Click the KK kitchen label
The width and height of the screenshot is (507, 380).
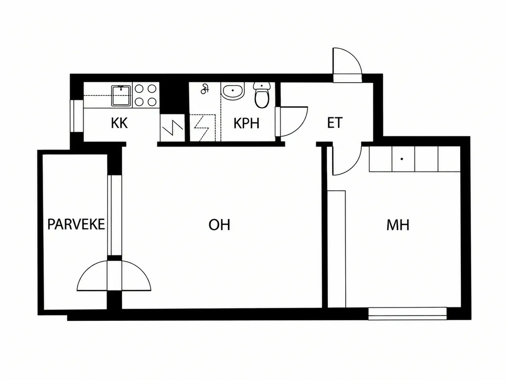coord(119,123)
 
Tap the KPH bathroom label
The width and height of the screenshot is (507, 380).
coord(246,123)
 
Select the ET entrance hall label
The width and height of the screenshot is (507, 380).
coord(335,123)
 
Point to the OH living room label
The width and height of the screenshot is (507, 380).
coord(219,225)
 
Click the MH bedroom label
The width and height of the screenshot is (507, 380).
coord(398,225)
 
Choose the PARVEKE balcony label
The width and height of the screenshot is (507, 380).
coord(76,224)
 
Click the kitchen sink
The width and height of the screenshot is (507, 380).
coord(121,95)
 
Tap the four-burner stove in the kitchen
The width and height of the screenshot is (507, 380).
coord(145,95)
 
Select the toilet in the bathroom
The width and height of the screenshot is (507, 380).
coord(262,95)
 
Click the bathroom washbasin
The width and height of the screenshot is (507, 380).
coord(233,91)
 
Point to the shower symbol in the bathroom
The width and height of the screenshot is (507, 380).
coord(204,89)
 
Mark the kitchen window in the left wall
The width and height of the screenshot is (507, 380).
coord(77,116)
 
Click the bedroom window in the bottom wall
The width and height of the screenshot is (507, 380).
coord(407,314)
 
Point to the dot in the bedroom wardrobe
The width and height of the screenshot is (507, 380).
coord(402,159)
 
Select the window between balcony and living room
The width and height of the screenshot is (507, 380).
coord(114,215)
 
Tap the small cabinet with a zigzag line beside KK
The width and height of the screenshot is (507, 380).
coord(172,128)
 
